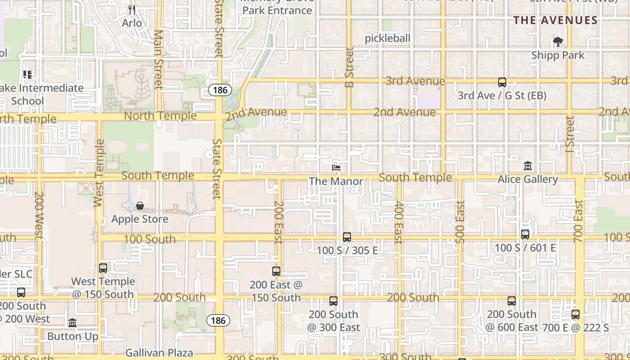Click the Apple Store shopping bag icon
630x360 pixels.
(140, 206)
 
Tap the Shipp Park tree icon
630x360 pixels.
(558, 42)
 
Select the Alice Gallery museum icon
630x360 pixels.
(528, 166)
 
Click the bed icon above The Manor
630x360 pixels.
(336, 168)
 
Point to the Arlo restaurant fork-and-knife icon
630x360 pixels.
(132, 9)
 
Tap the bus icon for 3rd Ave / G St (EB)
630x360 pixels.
(502, 82)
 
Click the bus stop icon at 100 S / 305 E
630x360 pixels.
(347, 237)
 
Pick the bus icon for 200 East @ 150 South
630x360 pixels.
(276, 271)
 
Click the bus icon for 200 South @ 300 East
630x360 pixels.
(333, 301)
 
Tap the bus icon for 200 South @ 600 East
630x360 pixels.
(512, 301)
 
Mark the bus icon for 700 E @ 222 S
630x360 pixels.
(576, 315)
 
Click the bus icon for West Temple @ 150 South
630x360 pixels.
(103, 268)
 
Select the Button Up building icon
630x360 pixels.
(72, 323)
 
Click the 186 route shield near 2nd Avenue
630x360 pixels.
(220, 90)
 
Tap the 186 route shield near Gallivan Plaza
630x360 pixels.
(218, 320)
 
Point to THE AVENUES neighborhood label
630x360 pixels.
(556, 20)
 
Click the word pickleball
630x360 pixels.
(387, 38)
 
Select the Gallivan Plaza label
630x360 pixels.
(159, 352)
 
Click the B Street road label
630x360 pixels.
(349, 67)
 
